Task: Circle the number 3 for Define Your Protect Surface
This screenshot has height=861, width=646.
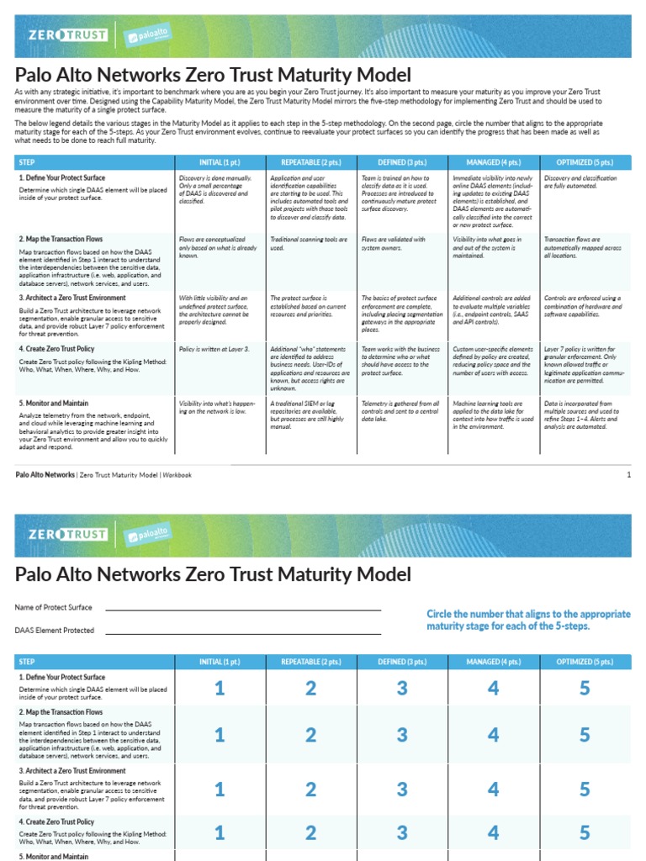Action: tap(402, 689)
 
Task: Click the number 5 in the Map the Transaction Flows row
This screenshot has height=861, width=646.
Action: tap(585, 735)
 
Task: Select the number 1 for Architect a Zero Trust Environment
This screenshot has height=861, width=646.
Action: tap(220, 790)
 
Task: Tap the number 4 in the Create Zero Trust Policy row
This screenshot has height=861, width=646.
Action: tap(493, 832)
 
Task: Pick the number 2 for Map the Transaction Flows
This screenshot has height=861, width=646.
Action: tap(310, 735)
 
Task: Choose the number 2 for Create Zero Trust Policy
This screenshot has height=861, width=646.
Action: tap(310, 832)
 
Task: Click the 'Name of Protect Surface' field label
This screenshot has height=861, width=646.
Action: tap(53, 607)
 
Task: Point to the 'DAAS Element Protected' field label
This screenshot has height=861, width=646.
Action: tap(54, 630)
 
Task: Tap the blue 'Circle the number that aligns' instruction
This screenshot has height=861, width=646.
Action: tap(528, 621)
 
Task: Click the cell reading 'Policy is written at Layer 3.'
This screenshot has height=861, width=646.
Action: tap(214, 348)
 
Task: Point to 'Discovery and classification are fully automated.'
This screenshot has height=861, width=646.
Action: tap(580, 182)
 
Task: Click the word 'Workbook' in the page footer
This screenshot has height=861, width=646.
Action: tap(177, 475)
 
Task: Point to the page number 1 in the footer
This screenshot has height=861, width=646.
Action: tap(628, 475)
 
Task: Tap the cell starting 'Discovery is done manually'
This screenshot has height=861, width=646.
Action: tap(215, 190)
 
